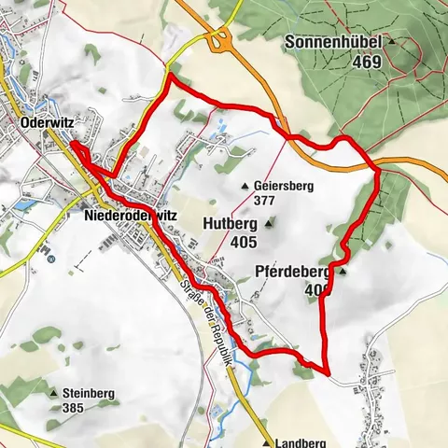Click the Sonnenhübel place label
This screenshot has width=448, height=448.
pyautogui.click(x=337, y=43)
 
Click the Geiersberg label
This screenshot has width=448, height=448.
pyautogui.click(x=284, y=186)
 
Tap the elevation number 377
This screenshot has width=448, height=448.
pyautogui.click(x=264, y=199)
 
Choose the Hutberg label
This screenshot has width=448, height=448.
pyautogui.click(x=230, y=224)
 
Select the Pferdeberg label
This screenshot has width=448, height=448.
pyautogui.click(x=292, y=273)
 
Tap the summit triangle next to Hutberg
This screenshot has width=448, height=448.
pyautogui.click(x=271, y=223)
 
